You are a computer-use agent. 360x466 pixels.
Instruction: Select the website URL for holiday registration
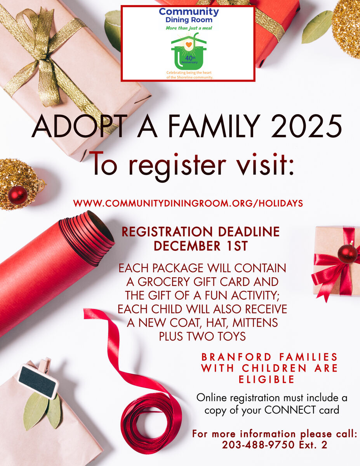tap(188, 203)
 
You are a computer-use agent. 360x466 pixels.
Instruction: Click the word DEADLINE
tap(249, 231)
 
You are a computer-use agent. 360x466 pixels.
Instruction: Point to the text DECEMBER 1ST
tap(201, 246)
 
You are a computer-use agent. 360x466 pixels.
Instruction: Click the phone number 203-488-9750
tap(258, 445)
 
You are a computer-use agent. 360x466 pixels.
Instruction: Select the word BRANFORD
tap(237, 357)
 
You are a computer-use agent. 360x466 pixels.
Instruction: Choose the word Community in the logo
tap(189, 12)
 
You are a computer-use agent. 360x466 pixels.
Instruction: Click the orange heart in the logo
tap(189, 45)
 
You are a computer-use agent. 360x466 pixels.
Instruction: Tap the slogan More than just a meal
tap(189, 28)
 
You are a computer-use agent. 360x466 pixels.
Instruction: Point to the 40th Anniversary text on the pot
tap(190, 60)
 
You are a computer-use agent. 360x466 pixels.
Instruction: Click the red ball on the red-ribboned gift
tap(348, 254)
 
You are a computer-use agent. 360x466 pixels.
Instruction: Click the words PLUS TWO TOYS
tap(202, 336)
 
